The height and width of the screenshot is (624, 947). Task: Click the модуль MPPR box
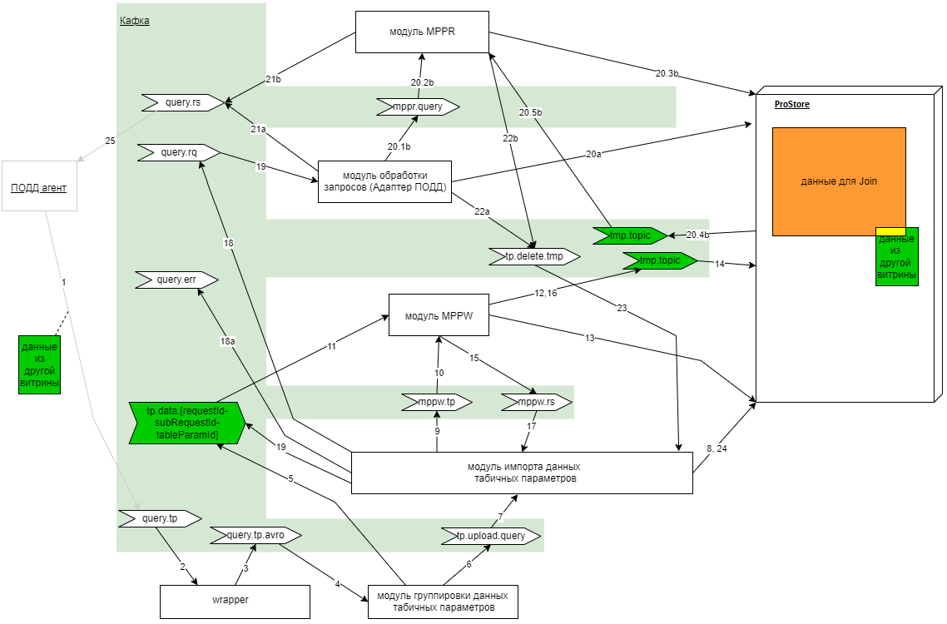(x=422, y=32)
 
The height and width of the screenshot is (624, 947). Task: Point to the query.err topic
(x=176, y=280)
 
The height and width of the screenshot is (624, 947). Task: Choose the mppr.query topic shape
(x=418, y=106)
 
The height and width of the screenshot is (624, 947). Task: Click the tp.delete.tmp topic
(x=533, y=256)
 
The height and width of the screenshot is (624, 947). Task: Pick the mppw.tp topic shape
(x=436, y=402)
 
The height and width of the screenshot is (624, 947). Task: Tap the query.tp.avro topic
(x=254, y=535)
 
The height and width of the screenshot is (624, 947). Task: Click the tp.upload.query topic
(x=491, y=536)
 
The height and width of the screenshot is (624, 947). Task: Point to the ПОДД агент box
(x=39, y=187)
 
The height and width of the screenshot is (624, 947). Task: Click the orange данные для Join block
(x=838, y=181)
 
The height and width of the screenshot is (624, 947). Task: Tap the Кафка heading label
(x=134, y=21)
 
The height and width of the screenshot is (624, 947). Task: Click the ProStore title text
(x=791, y=105)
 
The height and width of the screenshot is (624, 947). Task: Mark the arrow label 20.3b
(x=667, y=73)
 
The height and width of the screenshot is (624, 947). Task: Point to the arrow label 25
(x=111, y=141)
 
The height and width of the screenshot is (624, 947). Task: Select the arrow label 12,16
(x=547, y=294)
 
